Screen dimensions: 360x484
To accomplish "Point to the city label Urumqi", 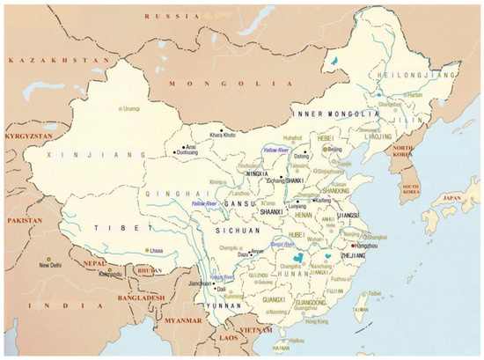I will tap(133, 108).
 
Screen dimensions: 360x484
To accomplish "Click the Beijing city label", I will tap(338, 151).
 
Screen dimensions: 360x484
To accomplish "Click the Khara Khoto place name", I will tap(224, 135).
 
